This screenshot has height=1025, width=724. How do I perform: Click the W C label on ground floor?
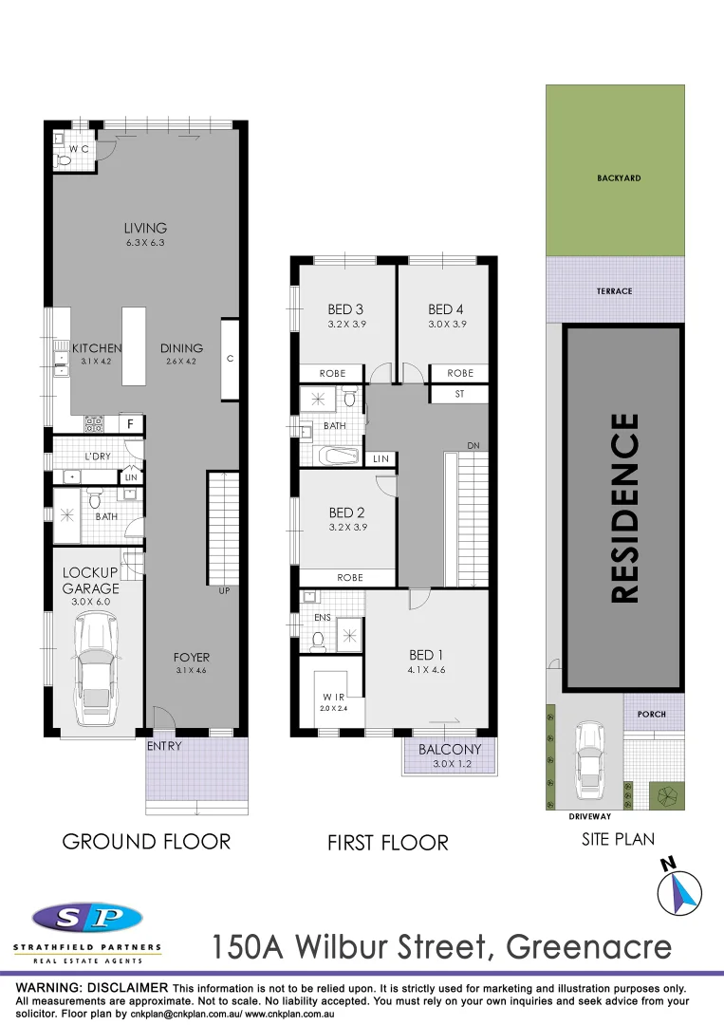pyautogui.click(x=79, y=149)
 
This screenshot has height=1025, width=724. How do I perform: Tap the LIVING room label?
pyautogui.click(x=145, y=228)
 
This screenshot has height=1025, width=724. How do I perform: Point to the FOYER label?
pyautogui.click(x=191, y=657)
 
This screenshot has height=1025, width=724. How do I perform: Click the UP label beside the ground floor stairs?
pyautogui.click(x=225, y=591)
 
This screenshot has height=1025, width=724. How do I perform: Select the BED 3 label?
pyautogui.click(x=345, y=309)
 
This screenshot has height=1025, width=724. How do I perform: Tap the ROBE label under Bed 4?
pyautogui.click(x=459, y=373)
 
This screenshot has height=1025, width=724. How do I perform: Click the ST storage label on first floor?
pyautogui.click(x=459, y=393)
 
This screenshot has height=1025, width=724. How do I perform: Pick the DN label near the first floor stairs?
pyautogui.click(x=473, y=446)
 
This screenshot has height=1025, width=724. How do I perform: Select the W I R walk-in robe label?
pyautogui.click(x=333, y=697)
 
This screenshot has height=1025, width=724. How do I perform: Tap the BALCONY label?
pyautogui.click(x=450, y=749)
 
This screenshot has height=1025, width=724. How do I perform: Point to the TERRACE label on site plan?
pyautogui.click(x=615, y=291)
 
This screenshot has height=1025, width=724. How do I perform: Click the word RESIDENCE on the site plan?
pyautogui.click(x=623, y=508)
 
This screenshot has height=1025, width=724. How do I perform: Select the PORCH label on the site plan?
pyautogui.click(x=653, y=714)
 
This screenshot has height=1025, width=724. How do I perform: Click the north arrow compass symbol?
pyautogui.click(x=679, y=888)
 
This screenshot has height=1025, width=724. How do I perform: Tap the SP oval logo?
pyautogui.click(x=86, y=918)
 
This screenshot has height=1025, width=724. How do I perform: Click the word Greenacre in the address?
pyautogui.click(x=589, y=946)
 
